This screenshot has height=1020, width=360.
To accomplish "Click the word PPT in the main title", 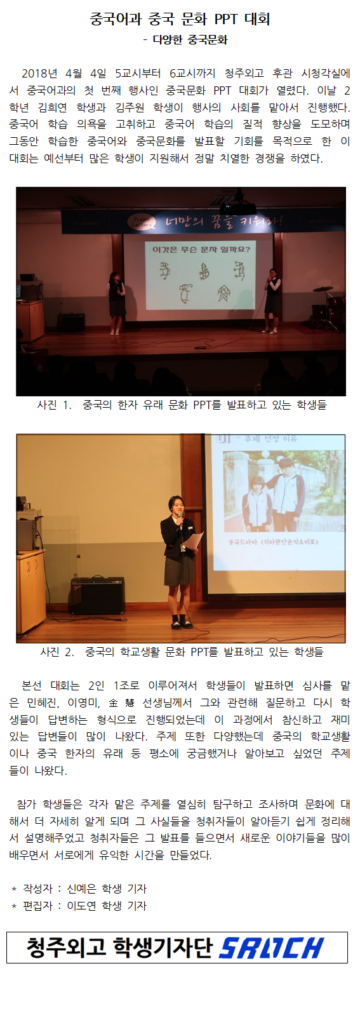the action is click(226, 19).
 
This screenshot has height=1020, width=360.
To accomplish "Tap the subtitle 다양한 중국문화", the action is click(190, 40).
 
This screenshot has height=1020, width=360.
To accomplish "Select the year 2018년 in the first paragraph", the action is click(39, 73).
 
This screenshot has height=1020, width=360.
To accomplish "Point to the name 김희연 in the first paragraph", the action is click(52, 107).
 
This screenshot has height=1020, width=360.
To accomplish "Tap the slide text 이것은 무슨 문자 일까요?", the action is click(198, 249).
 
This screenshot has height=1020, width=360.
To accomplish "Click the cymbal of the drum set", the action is click(323, 288).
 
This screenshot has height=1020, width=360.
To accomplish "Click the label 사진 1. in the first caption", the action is click(54, 405).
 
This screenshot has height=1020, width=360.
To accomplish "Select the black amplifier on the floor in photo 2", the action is click(97, 595).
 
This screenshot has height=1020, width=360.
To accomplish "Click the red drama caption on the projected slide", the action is click(273, 542).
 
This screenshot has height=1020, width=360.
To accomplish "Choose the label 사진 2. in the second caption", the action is click(57, 652).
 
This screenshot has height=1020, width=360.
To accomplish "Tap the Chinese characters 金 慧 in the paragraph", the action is click(121, 702).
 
